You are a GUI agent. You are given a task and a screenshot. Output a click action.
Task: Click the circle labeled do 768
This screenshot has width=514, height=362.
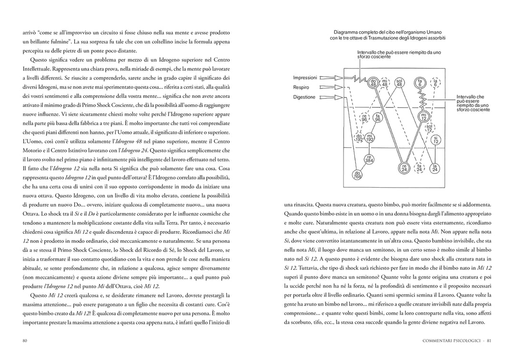click(357, 174)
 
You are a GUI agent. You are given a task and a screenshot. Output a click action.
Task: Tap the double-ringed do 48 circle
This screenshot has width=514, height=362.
click(373, 83)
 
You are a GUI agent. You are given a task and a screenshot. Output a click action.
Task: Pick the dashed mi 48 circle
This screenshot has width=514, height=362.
click(384, 83)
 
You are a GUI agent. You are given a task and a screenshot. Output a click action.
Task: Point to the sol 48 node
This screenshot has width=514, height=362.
click(399, 83)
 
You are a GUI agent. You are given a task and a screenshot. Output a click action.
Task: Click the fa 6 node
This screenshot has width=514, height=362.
click(420, 83)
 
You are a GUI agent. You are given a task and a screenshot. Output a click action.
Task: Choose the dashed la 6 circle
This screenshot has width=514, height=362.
click(435, 83)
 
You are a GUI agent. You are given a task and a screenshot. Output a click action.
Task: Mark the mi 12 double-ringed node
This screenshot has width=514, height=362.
click(423, 116)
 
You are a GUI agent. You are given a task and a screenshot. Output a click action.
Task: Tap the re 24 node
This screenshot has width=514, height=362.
click(404, 168)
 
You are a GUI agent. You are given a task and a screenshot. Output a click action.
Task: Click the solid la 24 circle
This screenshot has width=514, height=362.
click(435, 168)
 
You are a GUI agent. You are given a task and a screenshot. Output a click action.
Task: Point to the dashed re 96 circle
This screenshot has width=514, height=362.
click(364, 118)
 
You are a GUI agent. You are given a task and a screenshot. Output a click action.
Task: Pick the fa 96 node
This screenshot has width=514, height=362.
click(377, 118)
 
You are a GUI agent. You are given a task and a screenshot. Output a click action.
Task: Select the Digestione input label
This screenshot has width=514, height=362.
click(304, 97)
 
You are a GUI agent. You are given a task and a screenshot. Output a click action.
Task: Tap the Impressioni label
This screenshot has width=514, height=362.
click(305, 77)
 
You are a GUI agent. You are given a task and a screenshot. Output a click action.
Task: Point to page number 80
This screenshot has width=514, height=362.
click(25, 341)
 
